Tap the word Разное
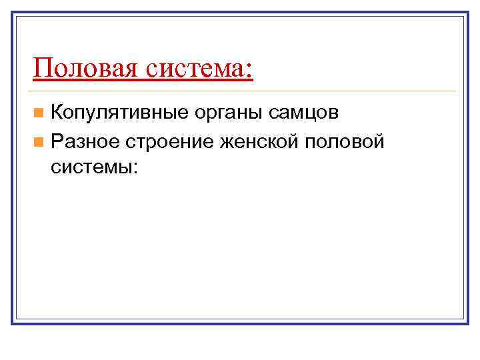tap(84, 142)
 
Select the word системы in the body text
tap(91, 167)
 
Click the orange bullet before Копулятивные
tap(41, 113)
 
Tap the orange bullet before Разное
tap(41, 141)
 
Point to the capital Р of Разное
tap(57, 141)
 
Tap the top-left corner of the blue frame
tap(13, 13)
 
